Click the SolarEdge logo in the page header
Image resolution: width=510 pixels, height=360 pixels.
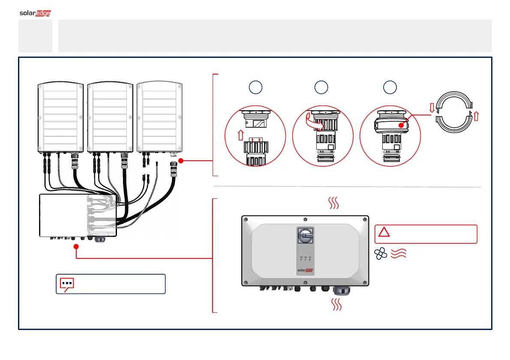36,13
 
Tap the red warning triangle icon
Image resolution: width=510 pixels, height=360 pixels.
384,233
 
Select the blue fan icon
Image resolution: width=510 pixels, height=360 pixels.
380,255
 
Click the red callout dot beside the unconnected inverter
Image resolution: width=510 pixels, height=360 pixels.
181,161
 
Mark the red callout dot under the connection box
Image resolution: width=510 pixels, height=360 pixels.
76,246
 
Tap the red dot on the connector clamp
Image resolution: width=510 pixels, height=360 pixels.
400,126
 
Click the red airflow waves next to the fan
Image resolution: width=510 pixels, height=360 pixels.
397,255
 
